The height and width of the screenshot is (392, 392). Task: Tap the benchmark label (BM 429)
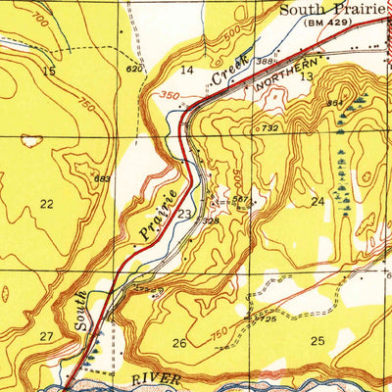329,23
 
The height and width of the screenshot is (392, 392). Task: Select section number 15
48,72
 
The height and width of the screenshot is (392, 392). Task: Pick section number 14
187,71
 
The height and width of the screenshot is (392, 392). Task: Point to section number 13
307,76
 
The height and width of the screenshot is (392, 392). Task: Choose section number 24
318,201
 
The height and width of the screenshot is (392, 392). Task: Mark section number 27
46,336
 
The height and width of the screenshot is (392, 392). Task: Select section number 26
178,343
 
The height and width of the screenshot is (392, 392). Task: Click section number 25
317,340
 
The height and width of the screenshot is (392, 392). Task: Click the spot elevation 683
101,177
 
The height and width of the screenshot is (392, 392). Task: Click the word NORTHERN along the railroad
277,86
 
